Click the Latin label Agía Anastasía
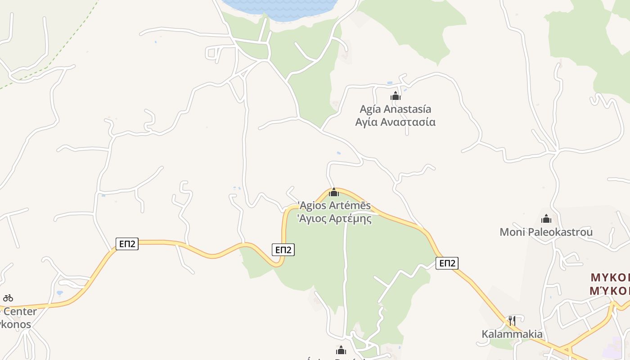(x=395, y=109)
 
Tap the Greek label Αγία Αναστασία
(x=395, y=122)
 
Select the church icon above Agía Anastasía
(x=395, y=96)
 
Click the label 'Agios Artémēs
(x=334, y=206)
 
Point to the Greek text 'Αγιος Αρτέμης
(x=334, y=219)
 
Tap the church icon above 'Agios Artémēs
(x=333, y=193)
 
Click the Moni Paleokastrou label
(x=546, y=232)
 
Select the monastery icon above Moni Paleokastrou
(x=546, y=219)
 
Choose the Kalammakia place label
(x=512, y=334)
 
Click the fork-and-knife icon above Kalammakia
(x=512, y=321)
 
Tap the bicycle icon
(x=8, y=298)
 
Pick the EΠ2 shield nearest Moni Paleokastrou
(x=447, y=263)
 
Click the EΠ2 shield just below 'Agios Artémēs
(x=283, y=250)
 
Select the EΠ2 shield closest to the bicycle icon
(x=127, y=244)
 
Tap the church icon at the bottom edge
(x=341, y=350)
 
